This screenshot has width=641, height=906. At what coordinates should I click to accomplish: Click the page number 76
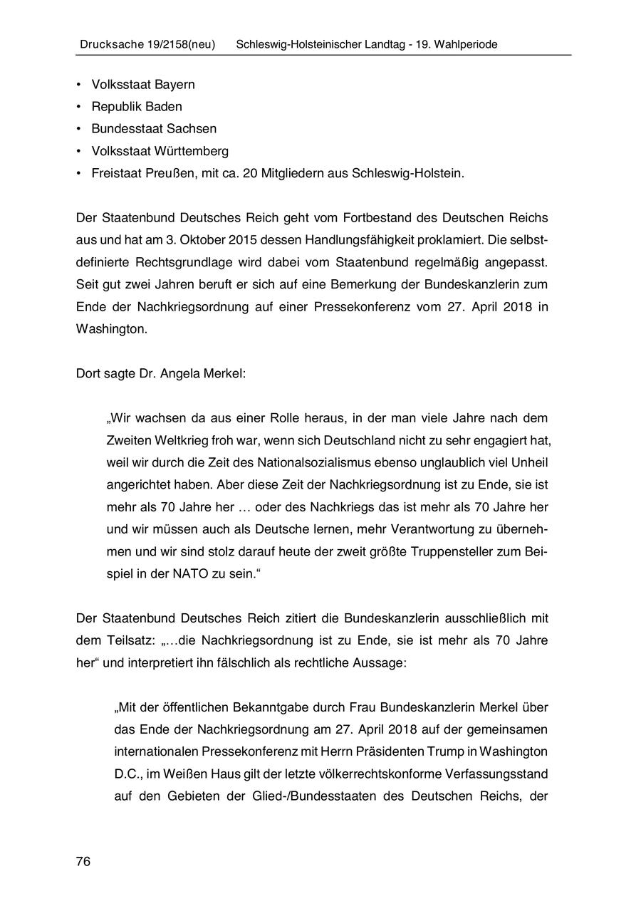(83, 862)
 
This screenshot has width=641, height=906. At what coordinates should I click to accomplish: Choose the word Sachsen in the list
(192, 129)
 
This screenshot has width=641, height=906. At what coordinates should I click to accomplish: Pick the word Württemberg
(190, 151)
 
